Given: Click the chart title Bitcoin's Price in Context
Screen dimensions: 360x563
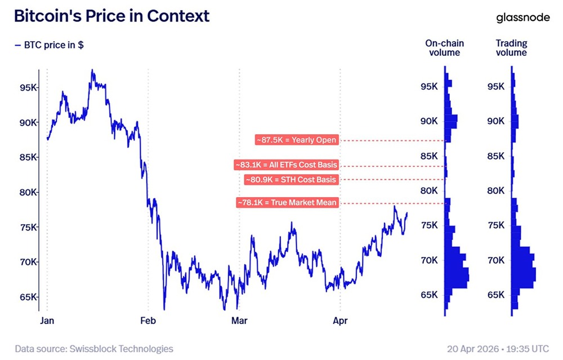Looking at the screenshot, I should (x=111, y=16).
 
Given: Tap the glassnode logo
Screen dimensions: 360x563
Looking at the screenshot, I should (x=523, y=17).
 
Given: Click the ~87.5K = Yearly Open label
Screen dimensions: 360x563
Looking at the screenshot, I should (x=297, y=140).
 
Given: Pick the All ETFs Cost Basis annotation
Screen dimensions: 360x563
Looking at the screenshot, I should (x=287, y=165).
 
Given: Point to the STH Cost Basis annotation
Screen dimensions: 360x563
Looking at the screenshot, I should (x=291, y=180).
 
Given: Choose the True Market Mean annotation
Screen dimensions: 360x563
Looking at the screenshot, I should (x=288, y=202).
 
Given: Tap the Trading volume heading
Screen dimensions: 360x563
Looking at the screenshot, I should (x=511, y=48).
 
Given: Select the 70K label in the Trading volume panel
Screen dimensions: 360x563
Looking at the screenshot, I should (x=495, y=260).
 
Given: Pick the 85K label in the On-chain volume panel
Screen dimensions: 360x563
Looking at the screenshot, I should (x=430, y=156).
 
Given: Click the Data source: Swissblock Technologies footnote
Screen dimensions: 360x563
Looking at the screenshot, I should (x=94, y=349).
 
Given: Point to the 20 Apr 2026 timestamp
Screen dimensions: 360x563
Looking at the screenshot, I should (x=497, y=349).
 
